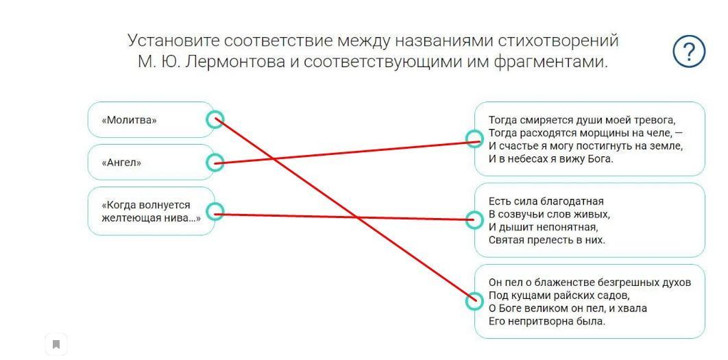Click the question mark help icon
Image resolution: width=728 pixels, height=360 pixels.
pos(688,51)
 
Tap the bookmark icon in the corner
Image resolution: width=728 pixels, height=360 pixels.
pos(56,344)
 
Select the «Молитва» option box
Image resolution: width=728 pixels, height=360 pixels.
pos(151,120)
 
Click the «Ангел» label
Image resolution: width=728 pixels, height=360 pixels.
pos(121,163)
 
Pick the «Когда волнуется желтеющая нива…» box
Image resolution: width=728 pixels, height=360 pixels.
pos(151,211)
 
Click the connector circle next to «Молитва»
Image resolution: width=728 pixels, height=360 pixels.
pos(215,120)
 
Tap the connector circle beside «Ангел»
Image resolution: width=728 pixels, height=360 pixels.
pos(215,163)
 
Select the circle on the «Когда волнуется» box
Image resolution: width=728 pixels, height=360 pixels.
pos(215,212)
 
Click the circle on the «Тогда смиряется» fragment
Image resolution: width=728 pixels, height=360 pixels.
pos(474,139)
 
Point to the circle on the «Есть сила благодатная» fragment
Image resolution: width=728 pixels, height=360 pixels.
pos(474,219)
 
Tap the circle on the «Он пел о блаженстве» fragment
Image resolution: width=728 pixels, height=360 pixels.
pos(474,301)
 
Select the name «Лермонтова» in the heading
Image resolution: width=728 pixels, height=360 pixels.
pos(235,62)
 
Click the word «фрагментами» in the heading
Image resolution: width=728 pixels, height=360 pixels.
pos(557,62)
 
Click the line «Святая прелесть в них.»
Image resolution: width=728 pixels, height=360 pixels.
pos(547,240)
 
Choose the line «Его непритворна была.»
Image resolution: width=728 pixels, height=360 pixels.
pos(547,321)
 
